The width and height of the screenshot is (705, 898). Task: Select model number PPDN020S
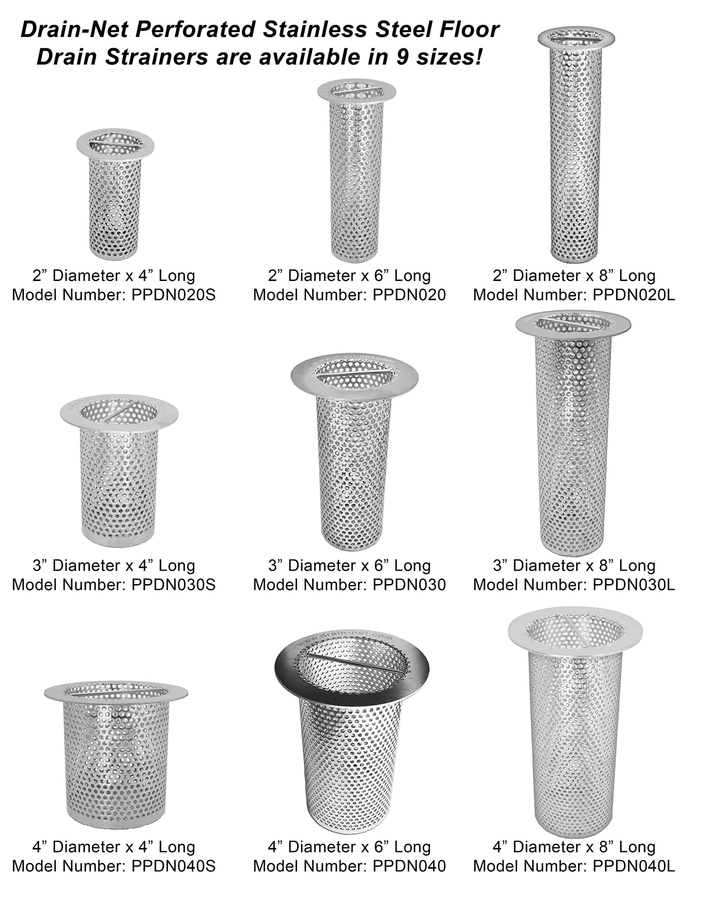coord(174,295)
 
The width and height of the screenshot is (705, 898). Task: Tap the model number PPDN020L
coord(634,295)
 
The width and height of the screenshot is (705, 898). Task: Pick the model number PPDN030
coord(409,585)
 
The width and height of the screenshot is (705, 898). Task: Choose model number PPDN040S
coord(174,866)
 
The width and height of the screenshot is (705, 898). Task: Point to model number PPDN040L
coord(634,866)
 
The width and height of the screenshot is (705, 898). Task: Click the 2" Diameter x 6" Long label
coord(349,276)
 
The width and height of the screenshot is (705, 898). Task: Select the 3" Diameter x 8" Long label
coord(574,566)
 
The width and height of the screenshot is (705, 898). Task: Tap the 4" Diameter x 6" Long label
coord(349,847)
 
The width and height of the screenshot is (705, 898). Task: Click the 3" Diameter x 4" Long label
coord(113,566)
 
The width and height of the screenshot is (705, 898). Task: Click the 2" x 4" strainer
coord(115,194)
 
